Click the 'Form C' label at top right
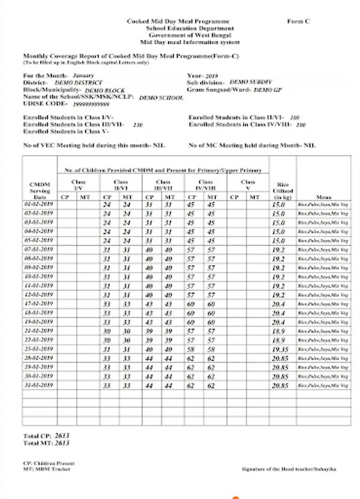tap(298, 21)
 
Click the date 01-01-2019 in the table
tap(39, 204)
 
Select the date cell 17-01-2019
tap(39, 303)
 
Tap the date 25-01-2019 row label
tap(39, 349)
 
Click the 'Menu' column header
tap(323, 197)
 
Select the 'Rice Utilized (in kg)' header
tap(283, 191)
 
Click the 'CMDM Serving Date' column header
tap(39, 191)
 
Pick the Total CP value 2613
tap(62, 436)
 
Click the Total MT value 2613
tap(62, 443)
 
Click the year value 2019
tap(211, 75)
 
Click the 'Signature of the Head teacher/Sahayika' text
tap(288, 469)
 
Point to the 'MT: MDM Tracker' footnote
tap(47, 469)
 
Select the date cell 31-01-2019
tap(39, 385)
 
